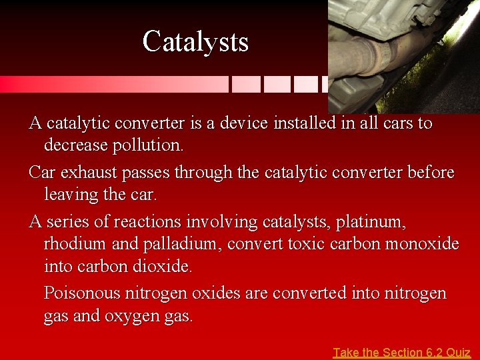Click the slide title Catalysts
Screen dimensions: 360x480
pos(195,41)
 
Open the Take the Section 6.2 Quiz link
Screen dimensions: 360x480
pos(401,352)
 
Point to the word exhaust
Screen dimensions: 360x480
pos(85,173)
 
